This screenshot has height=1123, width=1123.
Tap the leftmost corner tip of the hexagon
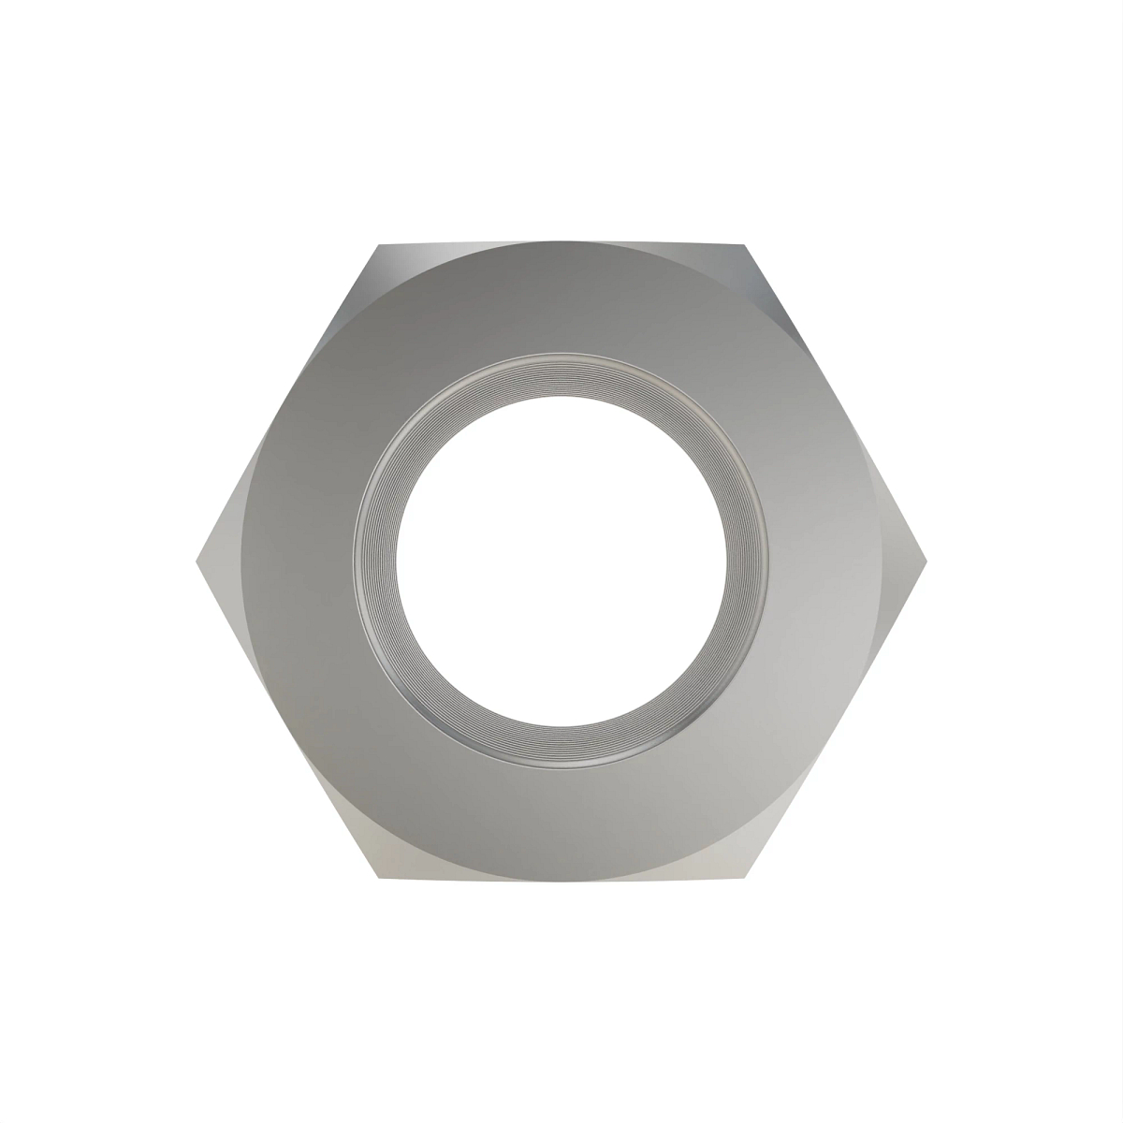point(196,561)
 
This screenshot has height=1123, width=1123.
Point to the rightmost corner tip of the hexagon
point(926,561)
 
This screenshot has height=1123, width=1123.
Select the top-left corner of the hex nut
point(379,245)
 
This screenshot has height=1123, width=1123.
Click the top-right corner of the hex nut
point(745,245)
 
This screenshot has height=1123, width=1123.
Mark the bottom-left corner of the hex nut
point(379,878)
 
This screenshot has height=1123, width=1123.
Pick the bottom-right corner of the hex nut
point(745,878)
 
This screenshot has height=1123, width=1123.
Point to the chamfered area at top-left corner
point(393,267)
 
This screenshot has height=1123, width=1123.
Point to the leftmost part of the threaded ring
point(374,561)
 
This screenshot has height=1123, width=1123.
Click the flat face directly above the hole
point(561,299)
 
